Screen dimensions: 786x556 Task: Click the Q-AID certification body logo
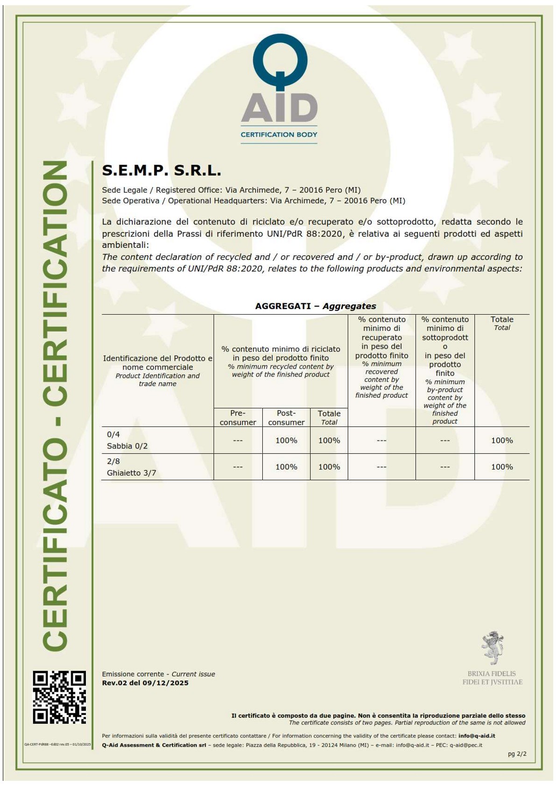point(279,89)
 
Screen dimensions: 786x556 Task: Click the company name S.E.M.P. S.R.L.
point(162,171)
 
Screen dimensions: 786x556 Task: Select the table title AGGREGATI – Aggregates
point(315,306)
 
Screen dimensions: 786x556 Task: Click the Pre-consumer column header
point(238,417)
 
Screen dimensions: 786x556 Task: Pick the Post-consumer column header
point(286,417)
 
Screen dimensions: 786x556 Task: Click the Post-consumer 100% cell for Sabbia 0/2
point(286,440)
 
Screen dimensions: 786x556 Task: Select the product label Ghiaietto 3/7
point(131,473)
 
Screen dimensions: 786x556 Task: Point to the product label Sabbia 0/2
point(127,446)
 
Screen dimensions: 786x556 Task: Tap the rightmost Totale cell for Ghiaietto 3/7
point(502,467)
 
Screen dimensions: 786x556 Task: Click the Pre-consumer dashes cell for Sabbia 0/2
point(238,440)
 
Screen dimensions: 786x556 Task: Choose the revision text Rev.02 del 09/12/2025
point(145,683)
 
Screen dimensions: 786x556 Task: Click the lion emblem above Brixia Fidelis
point(492,647)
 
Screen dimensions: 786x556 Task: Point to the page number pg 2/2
point(517,754)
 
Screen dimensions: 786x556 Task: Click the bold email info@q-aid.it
point(477,736)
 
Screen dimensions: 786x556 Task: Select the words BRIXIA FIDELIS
point(492,674)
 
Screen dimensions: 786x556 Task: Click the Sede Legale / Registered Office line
point(231,190)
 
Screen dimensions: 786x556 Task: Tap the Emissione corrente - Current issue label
point(158,674)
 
